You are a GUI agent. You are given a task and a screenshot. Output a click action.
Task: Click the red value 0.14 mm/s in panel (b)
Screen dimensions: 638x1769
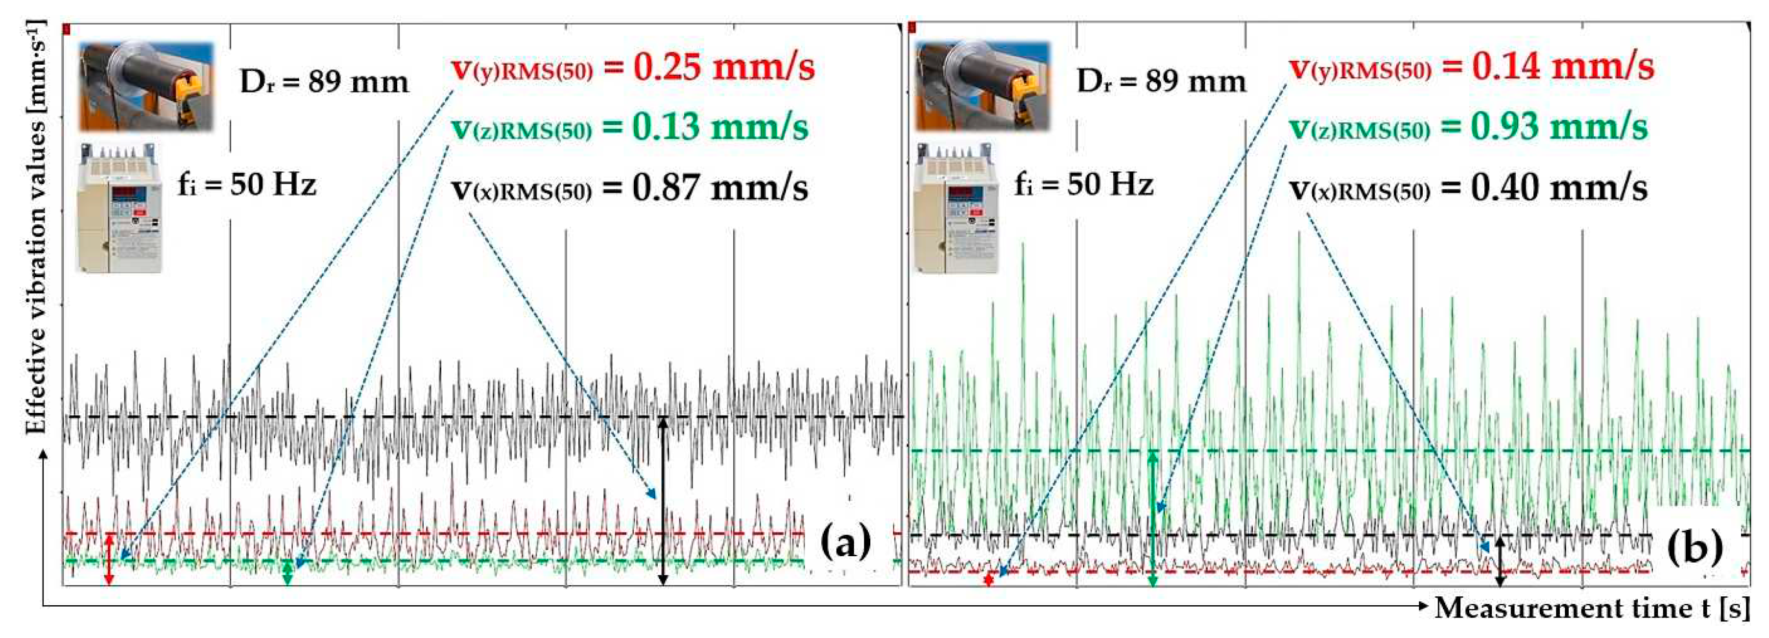[x=1562, y=67]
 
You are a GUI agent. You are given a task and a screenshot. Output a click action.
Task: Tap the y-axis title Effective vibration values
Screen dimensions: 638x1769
[x=36, y=227]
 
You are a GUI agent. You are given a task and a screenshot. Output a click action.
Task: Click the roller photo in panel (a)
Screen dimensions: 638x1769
[x=145, y=86]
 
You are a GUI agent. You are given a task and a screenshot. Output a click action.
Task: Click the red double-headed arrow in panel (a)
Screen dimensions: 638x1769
[x=109, y=559]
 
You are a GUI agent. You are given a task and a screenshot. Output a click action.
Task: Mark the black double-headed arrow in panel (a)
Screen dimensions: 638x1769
[x=663, y=501]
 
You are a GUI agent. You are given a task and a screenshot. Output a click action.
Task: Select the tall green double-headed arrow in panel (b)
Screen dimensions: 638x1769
[x=1153, y=519]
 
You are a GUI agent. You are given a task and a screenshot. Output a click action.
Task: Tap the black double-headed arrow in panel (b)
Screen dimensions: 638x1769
[x=1501, y=561]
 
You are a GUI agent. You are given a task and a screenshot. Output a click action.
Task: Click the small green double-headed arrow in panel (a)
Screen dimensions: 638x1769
[x=288, y=571]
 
